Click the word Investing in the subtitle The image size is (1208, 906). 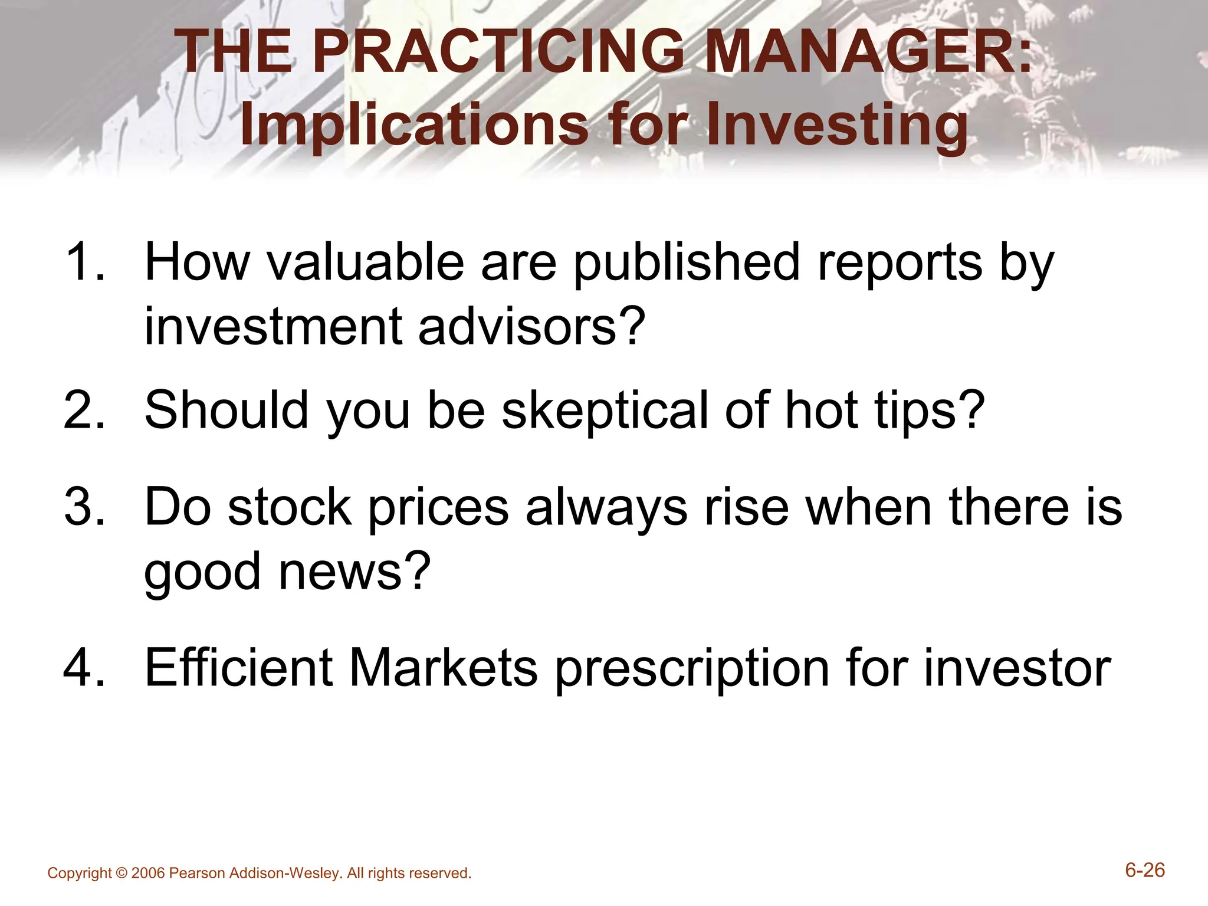click(x=837, y=125)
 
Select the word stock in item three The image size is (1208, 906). click(x=290, y=507)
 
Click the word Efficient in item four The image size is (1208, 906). click(x=239, y=668)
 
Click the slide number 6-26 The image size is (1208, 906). click(x=1144, y=871)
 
